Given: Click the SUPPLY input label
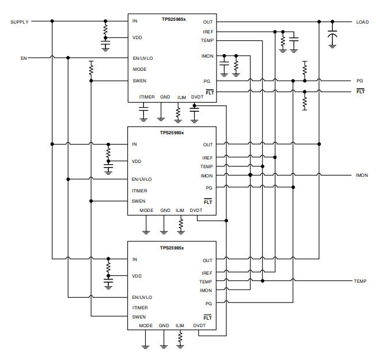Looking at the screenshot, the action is pyautogui.click(x=20, y=22).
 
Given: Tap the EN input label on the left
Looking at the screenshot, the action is pyautogui.click(x=24, y=58).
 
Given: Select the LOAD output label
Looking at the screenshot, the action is pyautogui.click(x=362, y=22).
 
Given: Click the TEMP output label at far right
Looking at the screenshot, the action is pyautogui.click(x=360, y=281).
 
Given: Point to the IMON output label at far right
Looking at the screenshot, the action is pyautogui.click(x=362, y=175).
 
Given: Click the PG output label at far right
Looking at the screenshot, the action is pyautogui.click(x=359, y=81).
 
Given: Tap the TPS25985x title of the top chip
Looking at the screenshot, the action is pyautogui.click(x=173, y=19).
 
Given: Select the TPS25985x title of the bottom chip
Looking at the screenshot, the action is pyautogui.click(x=172, y=248).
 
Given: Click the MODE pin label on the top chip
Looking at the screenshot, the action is pyautogui.click(x=139, y=69).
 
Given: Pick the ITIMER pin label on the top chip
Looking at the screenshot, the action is pyautogui.click(x=147, y=97).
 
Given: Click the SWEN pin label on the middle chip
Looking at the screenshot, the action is pyautogui.click(x=139, y=201).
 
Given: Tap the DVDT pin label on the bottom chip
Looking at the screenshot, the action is pyautogui.click(x=199, y=325).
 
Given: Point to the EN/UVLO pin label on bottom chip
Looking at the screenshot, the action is pyautogui.click(x=142, y=297).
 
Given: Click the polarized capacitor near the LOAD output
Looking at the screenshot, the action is pyautogui.click(x=332, y=35).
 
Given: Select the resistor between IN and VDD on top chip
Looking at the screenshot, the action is pyautogui.click(x=105, y=29).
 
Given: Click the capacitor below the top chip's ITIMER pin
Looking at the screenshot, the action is pyautogui.click(x=143, y=109).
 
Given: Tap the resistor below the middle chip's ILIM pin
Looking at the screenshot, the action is pyautogui.click(x=181, y=224).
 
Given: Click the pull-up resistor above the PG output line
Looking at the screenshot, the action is pyautogui.click(x=305, y=68).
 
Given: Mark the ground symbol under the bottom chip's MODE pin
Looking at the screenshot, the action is pyautogui.click(x=145, y=347).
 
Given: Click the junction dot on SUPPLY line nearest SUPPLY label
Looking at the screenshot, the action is pyautogui.click(x=52, y=21).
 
